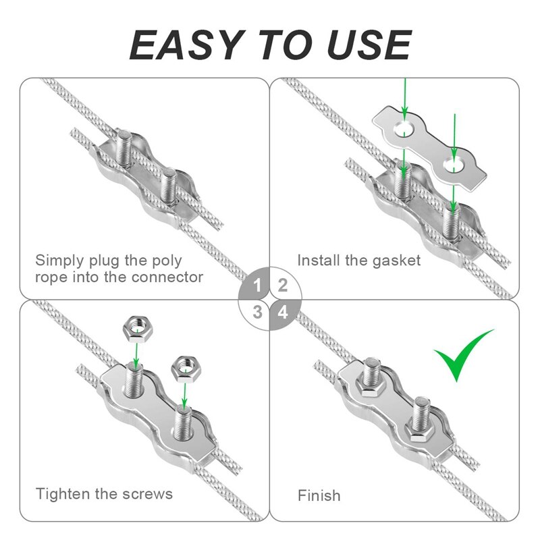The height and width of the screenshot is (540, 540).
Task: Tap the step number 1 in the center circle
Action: pos(257,285)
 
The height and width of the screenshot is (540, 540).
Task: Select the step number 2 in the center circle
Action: pos(283,284)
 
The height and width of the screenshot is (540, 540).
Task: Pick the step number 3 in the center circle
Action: pos(257,312)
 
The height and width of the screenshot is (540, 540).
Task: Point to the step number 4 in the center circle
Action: pos(283,313)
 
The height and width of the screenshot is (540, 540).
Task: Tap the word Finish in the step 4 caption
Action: pos(319,495)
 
